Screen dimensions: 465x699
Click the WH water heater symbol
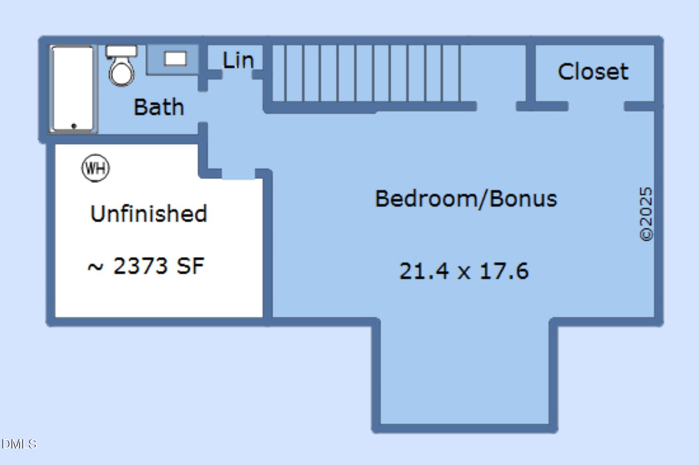[x=96, y=168]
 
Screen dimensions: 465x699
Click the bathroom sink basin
[x=175, y=59]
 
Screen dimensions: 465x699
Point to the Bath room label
[x=158, y=107]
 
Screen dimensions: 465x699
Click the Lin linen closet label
[x=238, y=60]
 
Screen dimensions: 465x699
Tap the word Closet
[x=593, y=71]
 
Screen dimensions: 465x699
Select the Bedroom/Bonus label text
[x=466, y=199]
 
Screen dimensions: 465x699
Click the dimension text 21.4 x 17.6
[x=464, y=271]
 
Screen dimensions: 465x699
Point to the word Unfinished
[x=149, y=213]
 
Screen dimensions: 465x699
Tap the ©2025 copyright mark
[x=646, y=214]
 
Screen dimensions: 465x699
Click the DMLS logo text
[x=19, y=444]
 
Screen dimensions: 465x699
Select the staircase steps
[x=366, y=73]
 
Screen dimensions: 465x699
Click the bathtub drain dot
[x=74, y=126]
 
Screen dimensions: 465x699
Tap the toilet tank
[x=121, y=51]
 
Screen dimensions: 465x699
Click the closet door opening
[x=596, y=106]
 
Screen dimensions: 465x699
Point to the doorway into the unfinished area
[x=238, y=174]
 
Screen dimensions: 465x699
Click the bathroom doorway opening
[x=203, y=107]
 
